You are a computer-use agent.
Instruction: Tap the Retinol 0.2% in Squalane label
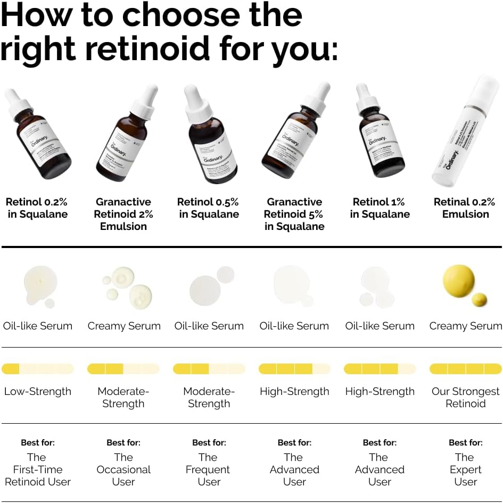point(37,208)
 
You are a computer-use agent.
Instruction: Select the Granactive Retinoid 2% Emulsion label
point(123,214)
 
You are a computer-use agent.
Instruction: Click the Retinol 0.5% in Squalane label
point(209,208)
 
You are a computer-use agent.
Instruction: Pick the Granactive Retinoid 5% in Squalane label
point(294,214)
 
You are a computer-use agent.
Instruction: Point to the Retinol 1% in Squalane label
point(380,208)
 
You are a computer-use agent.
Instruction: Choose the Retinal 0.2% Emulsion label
point(465,208)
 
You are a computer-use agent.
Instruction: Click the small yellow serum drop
point(479,300)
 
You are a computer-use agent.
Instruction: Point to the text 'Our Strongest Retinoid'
point(465,398)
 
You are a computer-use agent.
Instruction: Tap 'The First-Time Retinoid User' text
point(37,469)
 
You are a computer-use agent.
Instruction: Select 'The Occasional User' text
point(123,469)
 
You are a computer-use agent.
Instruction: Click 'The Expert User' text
point(465,469)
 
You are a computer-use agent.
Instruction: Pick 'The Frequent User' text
point(209,469)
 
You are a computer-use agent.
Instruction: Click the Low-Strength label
point(37,392)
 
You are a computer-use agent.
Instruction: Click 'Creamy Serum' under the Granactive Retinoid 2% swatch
point(123,326)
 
